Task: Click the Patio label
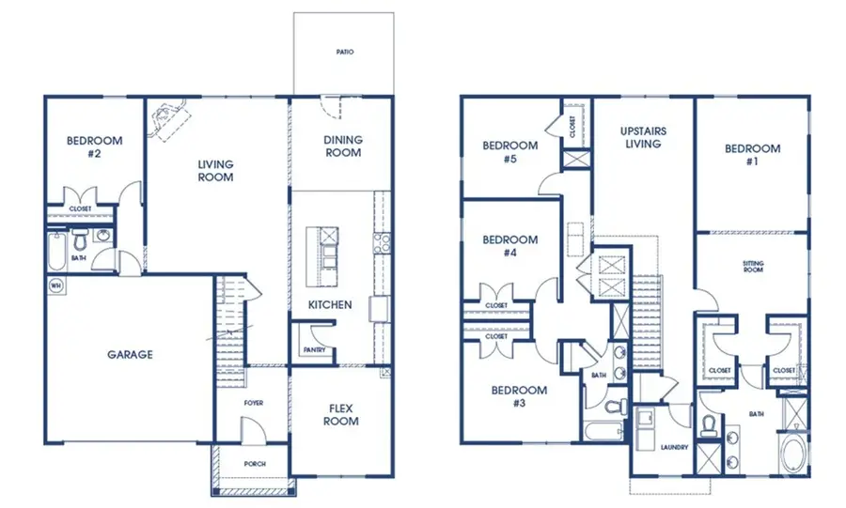click(x=345, y=52)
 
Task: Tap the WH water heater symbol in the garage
click(x=55, y=285)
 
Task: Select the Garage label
click(x=130, y=354)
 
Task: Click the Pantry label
click(x=314, y=350)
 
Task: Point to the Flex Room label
click(x=341, y=415)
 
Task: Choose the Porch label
click(x=255, y=464)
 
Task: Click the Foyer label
click(x=253, y=403)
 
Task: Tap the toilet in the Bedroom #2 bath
click(x=81, y=239)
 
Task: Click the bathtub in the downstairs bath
click(x=56, y=251)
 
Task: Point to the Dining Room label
click(x=343, y=146)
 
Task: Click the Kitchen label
click(x=330, y=305)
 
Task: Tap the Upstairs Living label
click(x=643, y=137)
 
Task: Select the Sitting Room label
click(x=753, y=266)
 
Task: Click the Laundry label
click(x=674, y=447)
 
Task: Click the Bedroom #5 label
click(x=509, y=152)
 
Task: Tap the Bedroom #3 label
click(x=519, y=396)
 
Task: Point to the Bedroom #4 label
click(x=509, y=246)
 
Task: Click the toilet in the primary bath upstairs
click(x=709, y=425)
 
